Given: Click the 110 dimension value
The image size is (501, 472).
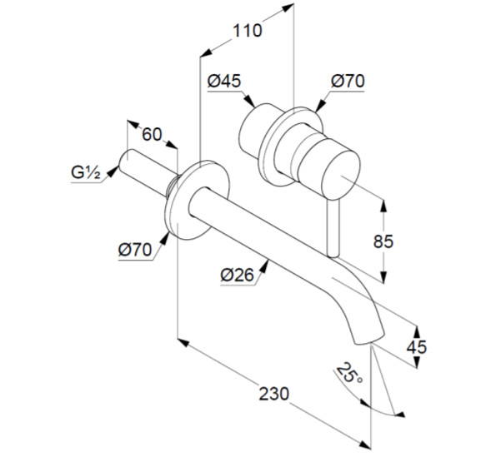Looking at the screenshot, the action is [248, 31].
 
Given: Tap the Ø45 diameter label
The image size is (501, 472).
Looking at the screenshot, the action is [224, 81].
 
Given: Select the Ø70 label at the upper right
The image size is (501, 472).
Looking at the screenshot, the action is [348, 81].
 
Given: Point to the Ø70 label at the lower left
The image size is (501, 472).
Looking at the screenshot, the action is [135, 249].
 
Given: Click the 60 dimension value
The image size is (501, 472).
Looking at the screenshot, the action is [152, 134].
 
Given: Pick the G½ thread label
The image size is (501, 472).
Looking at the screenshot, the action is [86, 172].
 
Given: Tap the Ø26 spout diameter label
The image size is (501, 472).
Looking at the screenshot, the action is [237, 275].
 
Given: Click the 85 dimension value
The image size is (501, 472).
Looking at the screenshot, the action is [383, 241].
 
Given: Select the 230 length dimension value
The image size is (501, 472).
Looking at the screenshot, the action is [273, 394].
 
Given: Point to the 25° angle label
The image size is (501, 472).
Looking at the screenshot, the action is [349, 373].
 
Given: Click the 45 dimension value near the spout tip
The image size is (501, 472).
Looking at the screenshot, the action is [416, 347].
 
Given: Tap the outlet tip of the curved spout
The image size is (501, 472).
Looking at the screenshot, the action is [369, 340].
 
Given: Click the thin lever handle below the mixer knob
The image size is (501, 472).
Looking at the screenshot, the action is [333, 228].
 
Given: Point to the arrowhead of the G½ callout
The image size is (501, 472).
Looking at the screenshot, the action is [112, 171].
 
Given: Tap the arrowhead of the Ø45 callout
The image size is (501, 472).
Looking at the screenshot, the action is [250, 102].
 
